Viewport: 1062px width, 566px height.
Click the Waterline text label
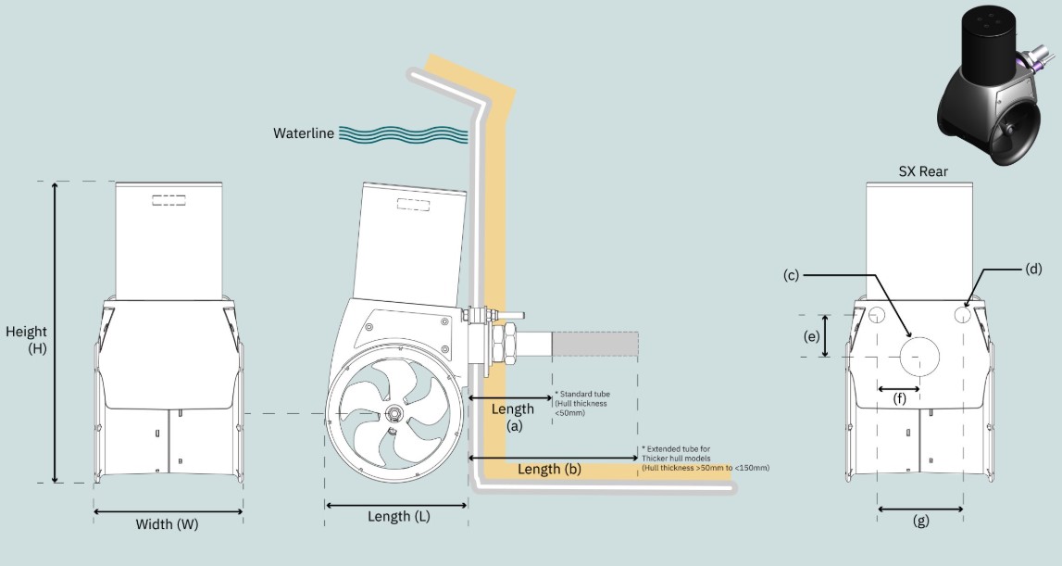tap(303, 133)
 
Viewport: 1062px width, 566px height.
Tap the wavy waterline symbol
tap(402, 134)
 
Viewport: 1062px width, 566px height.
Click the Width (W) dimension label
tap(167, 524)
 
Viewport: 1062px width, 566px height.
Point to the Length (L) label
tap(399, 517)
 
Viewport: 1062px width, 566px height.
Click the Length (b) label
tap(548, 470)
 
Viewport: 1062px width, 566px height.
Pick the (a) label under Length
tap(514, 427)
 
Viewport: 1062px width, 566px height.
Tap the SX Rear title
tap(922, 171)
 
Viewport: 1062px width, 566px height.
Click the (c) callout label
tap(791, 275)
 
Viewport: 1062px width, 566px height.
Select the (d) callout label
tap(1033, 270)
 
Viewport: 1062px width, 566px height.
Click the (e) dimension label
tap(812, 337)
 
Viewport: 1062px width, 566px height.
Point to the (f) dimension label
tap(900, 400)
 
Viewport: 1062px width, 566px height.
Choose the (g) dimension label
tap(920, 521)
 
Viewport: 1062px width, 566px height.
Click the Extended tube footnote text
tap(704, 459)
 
